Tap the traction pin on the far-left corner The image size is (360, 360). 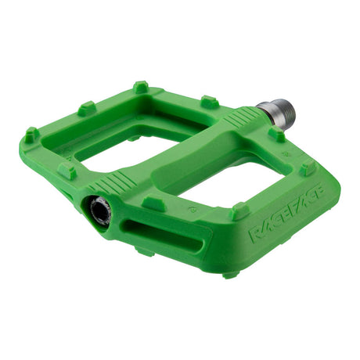click(x=30, y=135)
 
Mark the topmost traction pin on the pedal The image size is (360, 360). click(x=140, y=86)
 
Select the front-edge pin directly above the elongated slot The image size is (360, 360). click(x=153, y=203)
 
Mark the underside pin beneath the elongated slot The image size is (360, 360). click(x=144, y=251)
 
